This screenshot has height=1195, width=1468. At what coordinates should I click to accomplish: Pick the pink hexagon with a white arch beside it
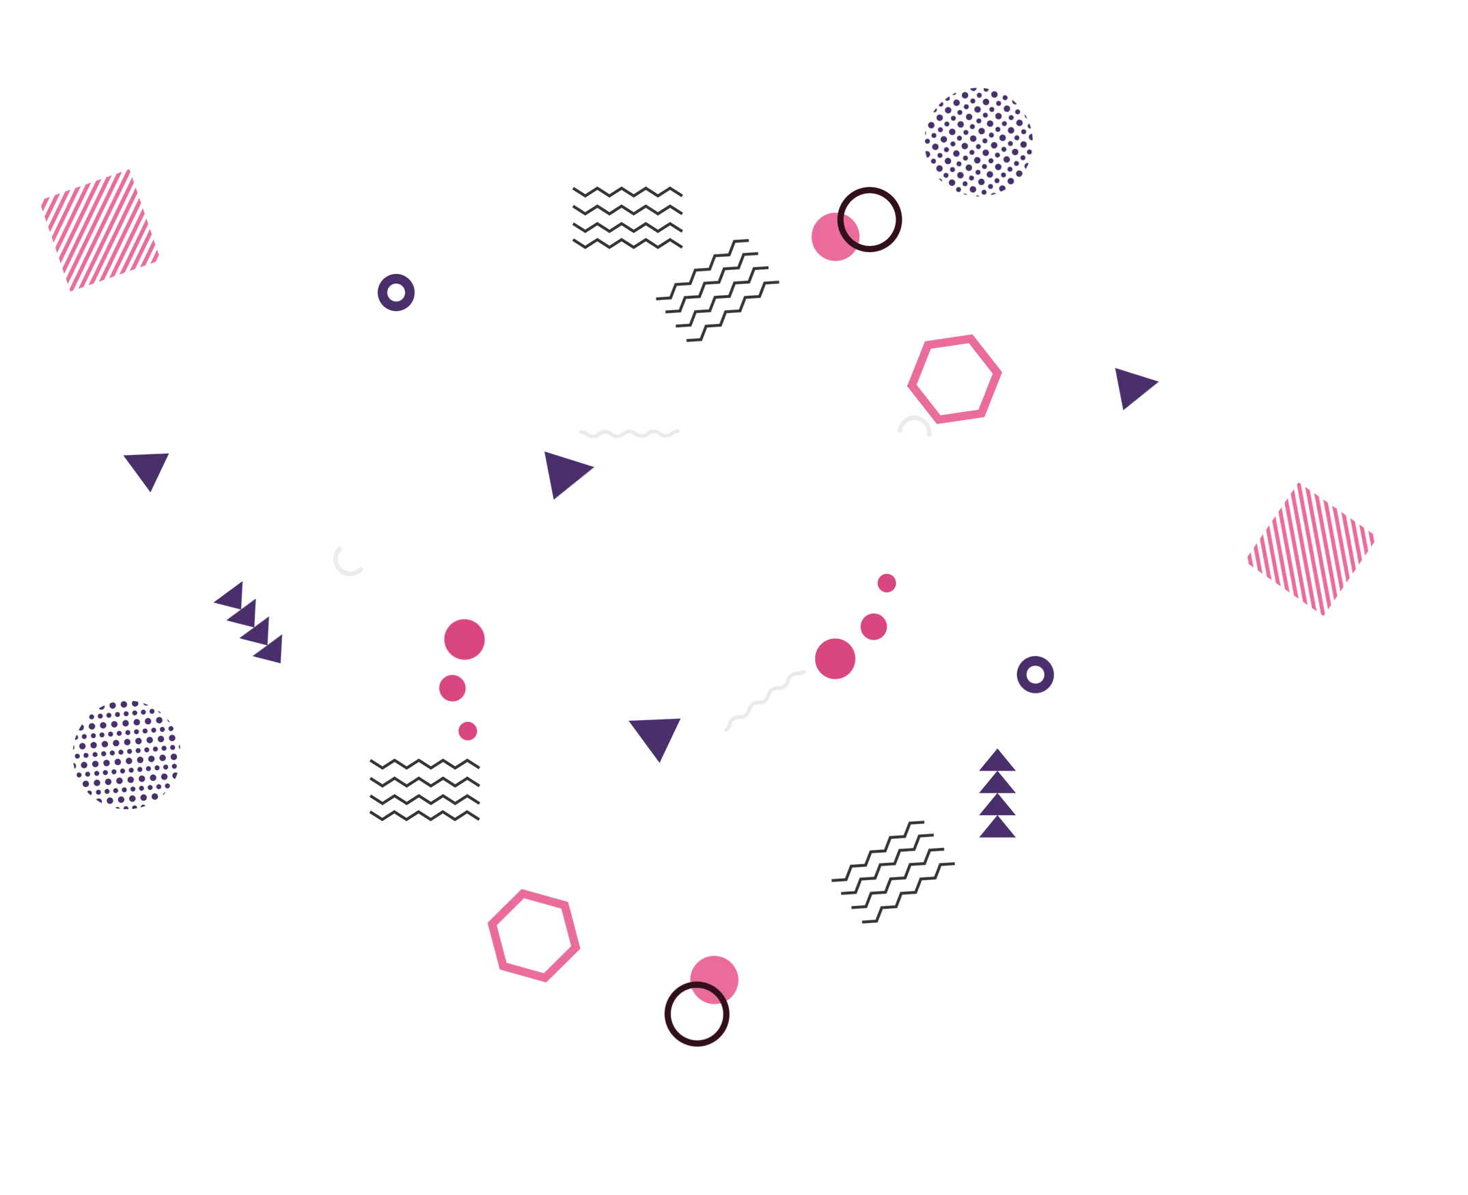coord(954,379)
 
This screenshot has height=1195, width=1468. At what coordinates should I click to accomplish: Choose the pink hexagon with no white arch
coord(534,935)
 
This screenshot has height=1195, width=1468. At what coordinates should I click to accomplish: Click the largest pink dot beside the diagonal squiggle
coord(835,659)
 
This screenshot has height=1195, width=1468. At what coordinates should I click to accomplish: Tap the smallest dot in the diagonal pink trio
coord(887,583)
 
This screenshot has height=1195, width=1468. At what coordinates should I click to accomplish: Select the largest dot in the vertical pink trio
coord(464,640)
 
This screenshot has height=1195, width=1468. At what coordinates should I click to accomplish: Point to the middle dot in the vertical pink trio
coord(452,688)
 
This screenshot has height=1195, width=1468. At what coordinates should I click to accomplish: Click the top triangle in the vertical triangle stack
coord(997,762)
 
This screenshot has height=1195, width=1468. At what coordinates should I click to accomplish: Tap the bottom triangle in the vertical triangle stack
coord(997,829)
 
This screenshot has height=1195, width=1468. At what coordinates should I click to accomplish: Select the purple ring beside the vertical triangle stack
coord(1035,674)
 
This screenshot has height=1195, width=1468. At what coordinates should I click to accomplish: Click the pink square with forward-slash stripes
coord(100,230)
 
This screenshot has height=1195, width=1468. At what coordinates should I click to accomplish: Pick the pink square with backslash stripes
coord(1310,549)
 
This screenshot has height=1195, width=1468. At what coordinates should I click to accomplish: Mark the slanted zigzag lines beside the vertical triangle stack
coord(893,871)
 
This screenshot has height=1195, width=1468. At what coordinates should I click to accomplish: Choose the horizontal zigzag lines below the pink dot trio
coord(424,790)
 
